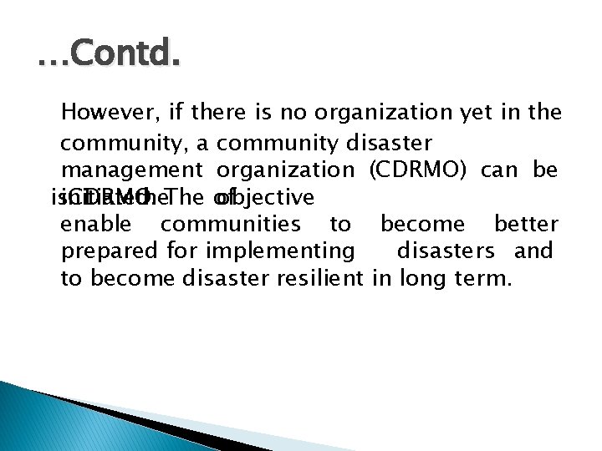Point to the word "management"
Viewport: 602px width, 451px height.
132,170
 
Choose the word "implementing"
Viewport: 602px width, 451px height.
279,251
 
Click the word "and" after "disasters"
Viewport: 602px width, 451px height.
534,251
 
